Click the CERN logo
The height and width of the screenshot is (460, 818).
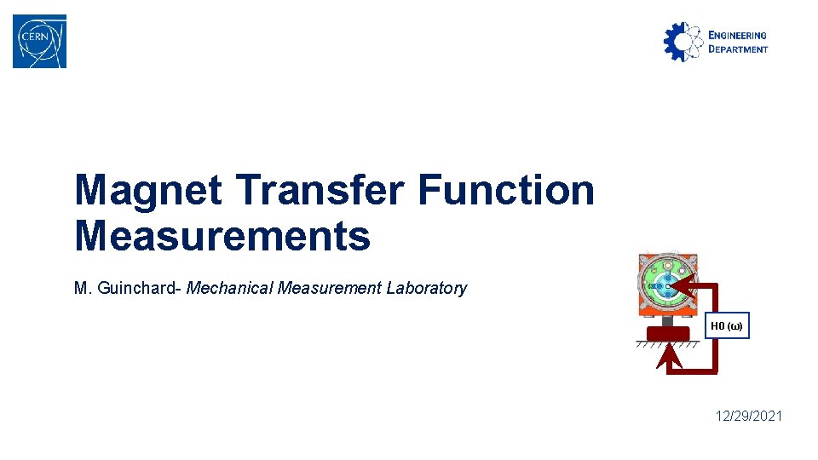point(39,41)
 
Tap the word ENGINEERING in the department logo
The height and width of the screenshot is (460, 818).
point(738,35)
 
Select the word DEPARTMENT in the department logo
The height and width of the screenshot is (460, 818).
point(738,49)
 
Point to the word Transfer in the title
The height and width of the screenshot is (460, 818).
point(321,190)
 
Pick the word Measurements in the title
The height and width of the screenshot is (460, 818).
point(222,236)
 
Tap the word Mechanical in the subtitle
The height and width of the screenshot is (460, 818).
point(226,288)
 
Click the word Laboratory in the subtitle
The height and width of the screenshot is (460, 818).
point(426,288)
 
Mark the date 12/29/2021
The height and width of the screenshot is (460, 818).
point(749,416)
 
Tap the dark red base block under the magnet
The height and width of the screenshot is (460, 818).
point(666,333)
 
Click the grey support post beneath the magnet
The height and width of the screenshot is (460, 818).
point(666,321)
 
